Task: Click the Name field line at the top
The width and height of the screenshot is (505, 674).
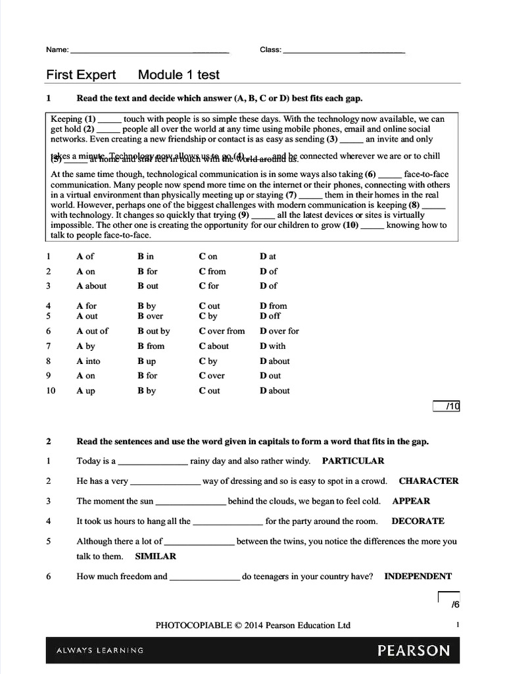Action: point(149,51)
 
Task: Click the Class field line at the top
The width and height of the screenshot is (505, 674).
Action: point(343,51)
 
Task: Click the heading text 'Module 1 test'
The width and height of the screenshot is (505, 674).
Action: point(179,75)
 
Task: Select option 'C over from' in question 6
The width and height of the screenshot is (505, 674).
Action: point(222,331)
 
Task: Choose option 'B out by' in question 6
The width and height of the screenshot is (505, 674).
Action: point(153,331)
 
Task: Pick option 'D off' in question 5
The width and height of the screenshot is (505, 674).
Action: point(270,316)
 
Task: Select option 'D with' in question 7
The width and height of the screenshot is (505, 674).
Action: point(272,346)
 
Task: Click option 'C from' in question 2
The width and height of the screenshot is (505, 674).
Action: point(212,271)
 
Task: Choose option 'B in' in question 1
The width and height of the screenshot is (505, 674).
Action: point(145,256)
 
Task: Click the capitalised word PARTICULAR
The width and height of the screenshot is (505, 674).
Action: point(353,461)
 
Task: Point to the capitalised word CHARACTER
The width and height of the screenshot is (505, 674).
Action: point(429,480)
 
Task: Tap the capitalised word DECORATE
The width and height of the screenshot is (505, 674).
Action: point(418,521)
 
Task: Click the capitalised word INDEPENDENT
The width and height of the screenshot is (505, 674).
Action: point(418,576)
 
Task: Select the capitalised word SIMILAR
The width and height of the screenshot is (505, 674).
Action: point(155,556)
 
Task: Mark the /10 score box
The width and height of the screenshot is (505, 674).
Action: point(446,406)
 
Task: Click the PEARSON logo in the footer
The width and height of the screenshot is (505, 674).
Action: point(414,650)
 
